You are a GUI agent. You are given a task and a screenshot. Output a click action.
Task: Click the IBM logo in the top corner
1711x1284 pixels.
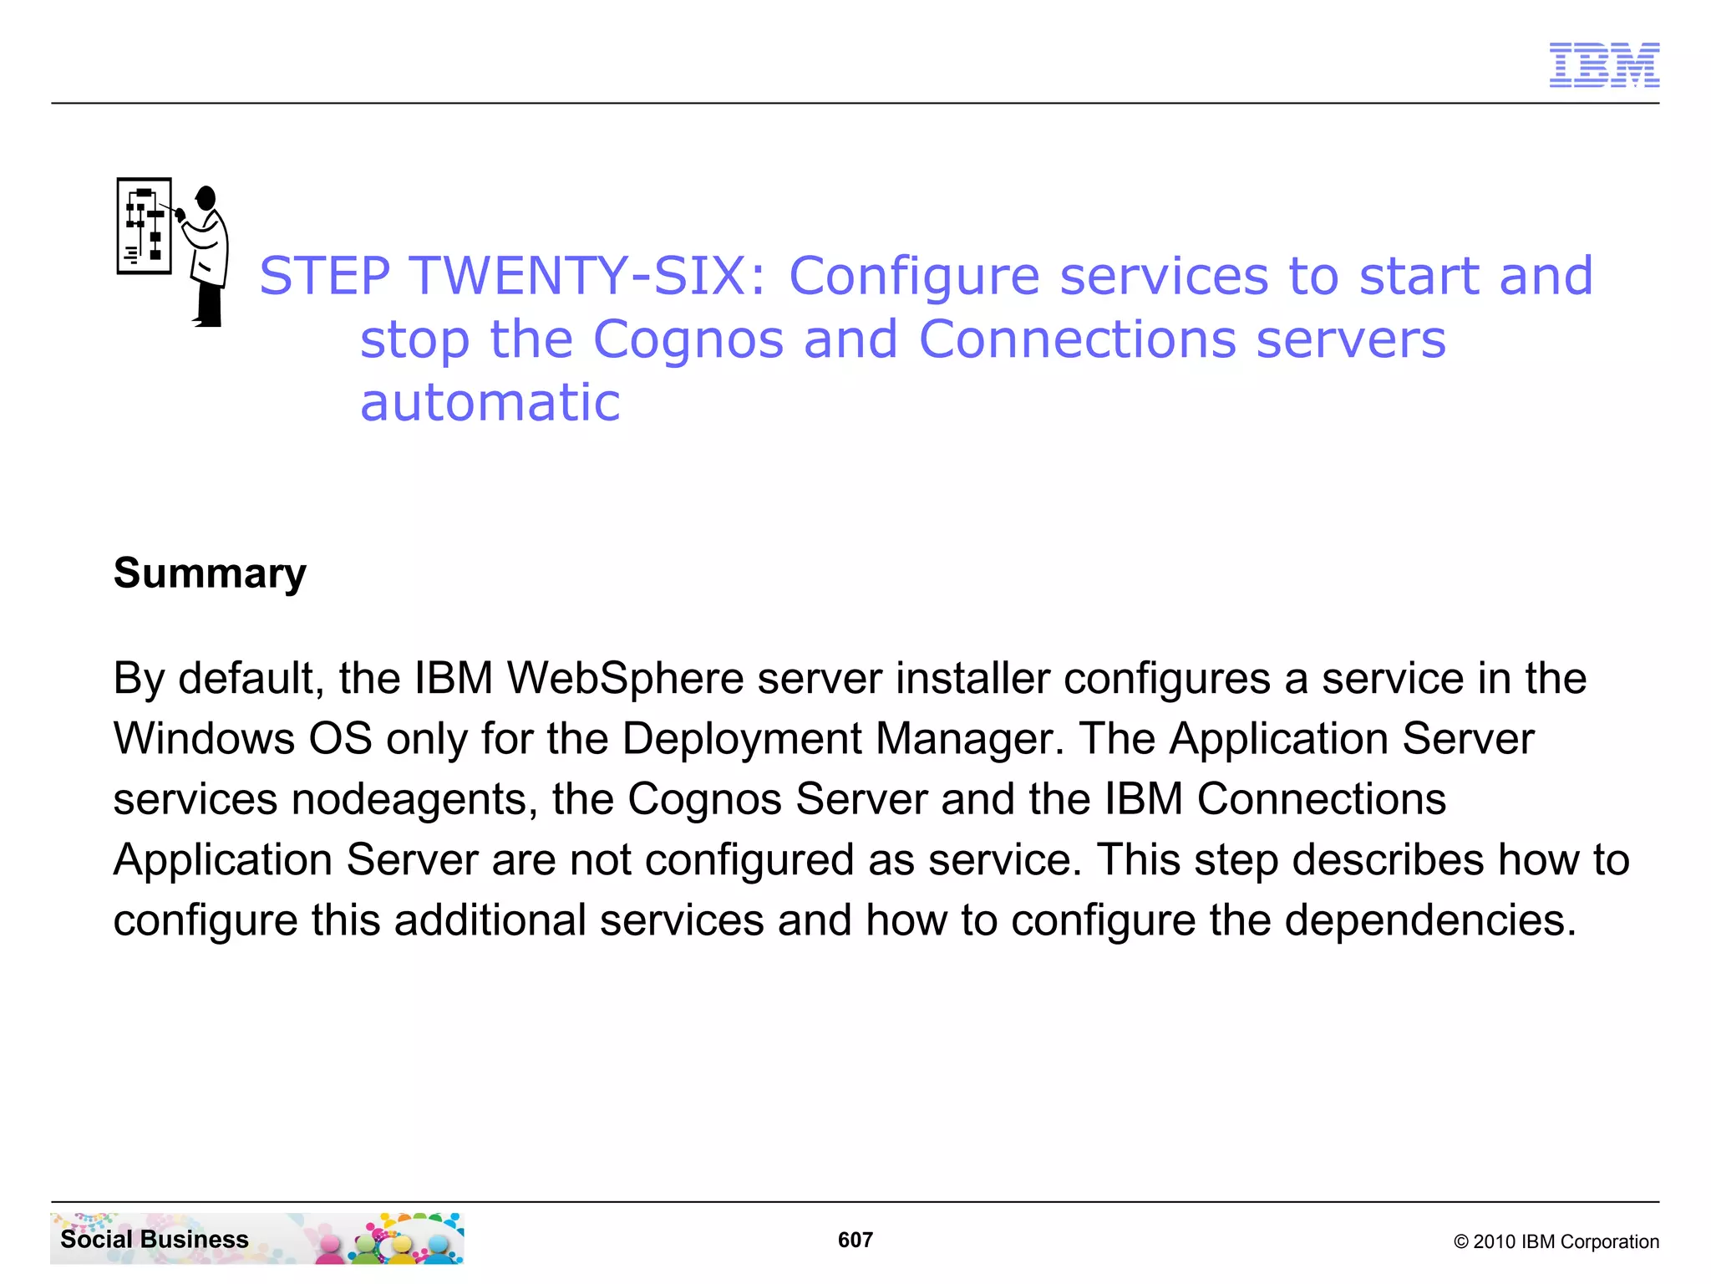(x=1603, y=65)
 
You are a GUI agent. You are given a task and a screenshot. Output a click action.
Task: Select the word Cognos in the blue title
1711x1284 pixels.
(x=688, y=339)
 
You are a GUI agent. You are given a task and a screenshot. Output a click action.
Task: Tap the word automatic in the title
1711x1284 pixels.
(x=490, y=403)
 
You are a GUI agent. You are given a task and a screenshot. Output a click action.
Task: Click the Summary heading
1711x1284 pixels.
(x=210, y=573)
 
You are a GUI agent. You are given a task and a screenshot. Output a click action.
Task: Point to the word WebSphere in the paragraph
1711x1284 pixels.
(x=625, y=678)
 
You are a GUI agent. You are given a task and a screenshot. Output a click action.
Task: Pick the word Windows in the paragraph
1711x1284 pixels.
(x=204, y=739)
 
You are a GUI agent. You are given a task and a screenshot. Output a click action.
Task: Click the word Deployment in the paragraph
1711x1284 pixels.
(x=741, y=739)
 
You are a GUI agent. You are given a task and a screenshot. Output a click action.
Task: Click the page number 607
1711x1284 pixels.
(x=855, y=1240)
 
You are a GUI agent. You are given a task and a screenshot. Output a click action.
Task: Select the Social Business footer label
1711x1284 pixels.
(x=155, y=1239)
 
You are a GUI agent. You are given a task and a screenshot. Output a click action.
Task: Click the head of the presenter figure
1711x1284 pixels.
(x=206, y=199)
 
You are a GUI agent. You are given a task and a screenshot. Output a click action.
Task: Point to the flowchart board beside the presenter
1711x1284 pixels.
(x=144, y=226)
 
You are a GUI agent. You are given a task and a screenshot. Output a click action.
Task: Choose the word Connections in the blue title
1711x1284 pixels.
(x=1077, y=339)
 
